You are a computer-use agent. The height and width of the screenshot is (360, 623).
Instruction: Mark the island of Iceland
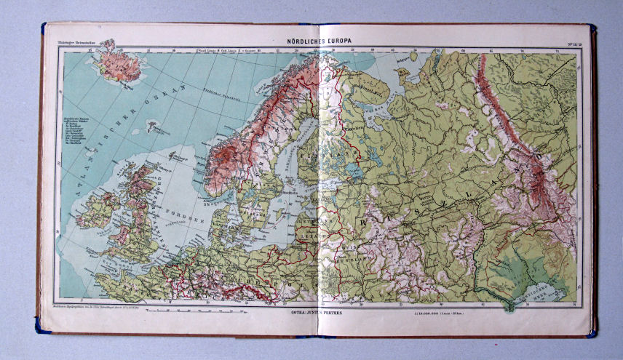[117, 63]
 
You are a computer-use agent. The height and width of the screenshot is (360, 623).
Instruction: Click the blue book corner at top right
[591, 28]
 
